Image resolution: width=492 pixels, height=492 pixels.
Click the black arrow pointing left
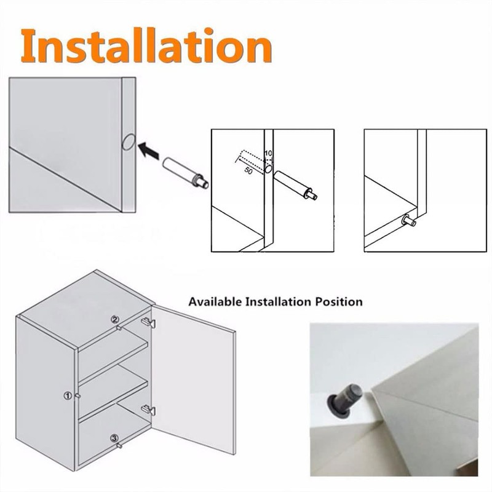coord(147,149)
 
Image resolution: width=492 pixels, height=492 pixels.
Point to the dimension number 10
coord(268,154)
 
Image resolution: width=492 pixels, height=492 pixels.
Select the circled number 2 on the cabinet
coord(114,319)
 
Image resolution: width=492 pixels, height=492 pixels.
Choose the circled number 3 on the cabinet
coord(114,438)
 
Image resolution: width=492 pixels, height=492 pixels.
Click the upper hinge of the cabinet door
coord(148,322)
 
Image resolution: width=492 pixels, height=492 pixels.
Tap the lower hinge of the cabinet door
coord(148,410)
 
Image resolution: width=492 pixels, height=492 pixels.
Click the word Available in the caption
coord(215,302)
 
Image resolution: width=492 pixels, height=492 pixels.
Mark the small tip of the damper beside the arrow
coord(204,183)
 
